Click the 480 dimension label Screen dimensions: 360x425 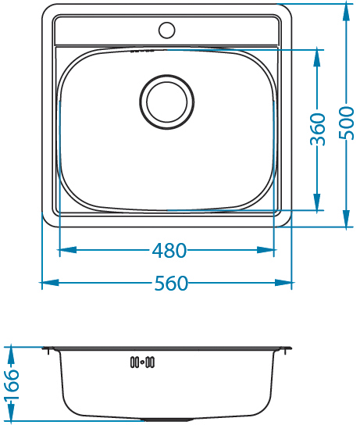169,250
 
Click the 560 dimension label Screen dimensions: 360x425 171,284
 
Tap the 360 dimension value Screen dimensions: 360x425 318,130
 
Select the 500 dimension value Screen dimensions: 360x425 347,123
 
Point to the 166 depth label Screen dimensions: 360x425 12,385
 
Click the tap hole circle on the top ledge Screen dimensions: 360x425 167,30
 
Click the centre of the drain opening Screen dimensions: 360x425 167,102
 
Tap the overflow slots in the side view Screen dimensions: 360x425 142,362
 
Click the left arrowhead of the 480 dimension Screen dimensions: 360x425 68,250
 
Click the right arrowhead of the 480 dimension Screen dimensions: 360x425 266,250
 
